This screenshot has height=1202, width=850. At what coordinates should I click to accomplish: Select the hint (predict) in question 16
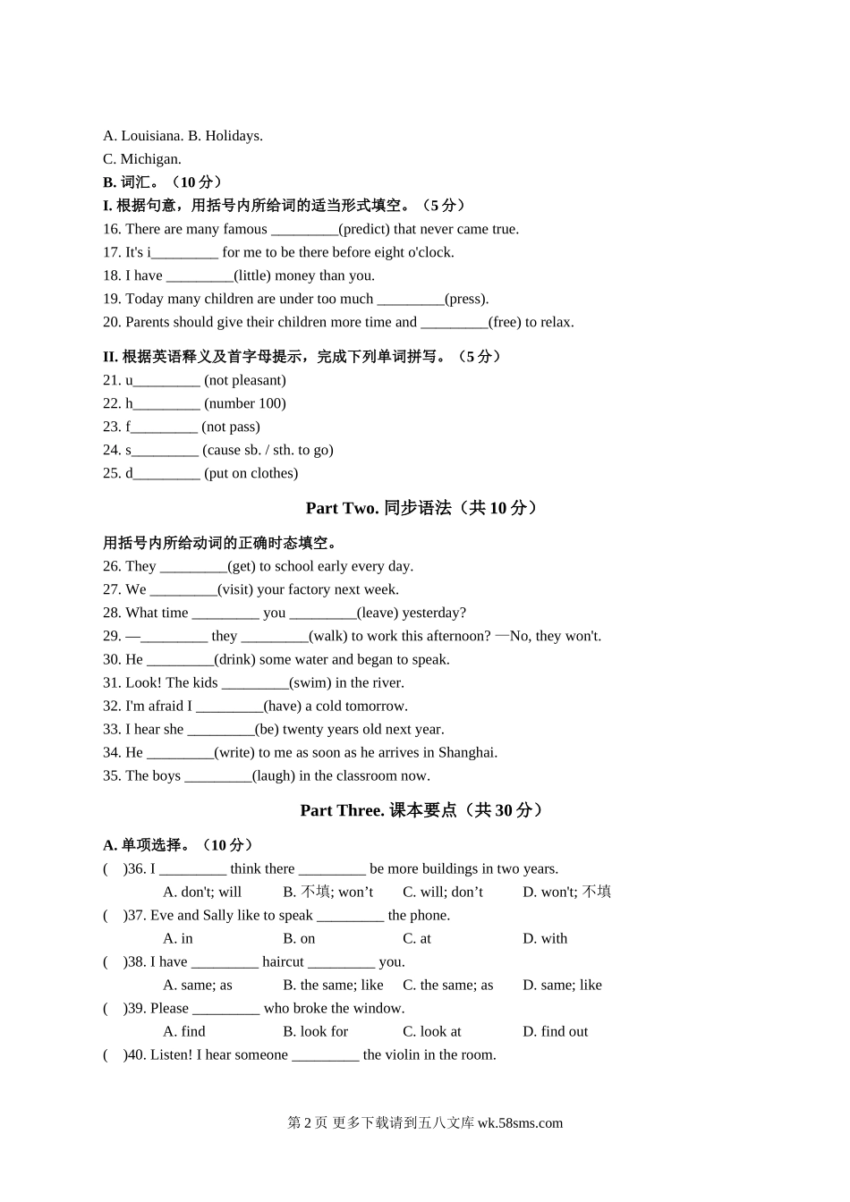point(364,229)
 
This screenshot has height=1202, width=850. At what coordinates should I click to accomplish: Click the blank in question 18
point(200,275)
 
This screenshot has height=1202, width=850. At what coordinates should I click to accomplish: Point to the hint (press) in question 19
point(467,299)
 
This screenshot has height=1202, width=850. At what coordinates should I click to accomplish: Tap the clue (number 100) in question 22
point(245,403)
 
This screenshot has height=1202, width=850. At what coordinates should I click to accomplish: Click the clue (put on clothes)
point(251,473)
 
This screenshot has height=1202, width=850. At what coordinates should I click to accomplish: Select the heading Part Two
point(342,508)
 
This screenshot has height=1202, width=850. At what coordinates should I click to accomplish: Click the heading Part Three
point(342,810)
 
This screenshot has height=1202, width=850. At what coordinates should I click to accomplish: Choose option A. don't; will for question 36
point(202,892)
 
